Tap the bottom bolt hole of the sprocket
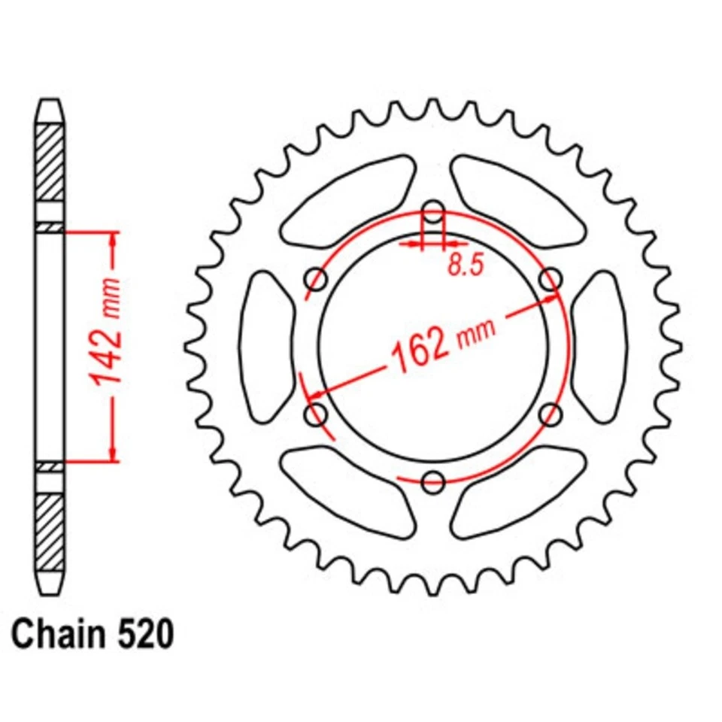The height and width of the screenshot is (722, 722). (x=433, y=481)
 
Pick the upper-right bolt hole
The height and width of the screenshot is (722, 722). (x=551, y=279)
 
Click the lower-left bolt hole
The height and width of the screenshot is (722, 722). (x=317, y=414)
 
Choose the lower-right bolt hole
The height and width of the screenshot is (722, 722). (x=551, y=414)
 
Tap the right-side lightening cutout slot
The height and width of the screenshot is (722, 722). (x=599, y=347)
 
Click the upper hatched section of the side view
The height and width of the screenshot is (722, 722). (x=50, y=162)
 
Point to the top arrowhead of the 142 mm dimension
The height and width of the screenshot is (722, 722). (x=114, y=239)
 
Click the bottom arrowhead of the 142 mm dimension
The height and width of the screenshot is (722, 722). (x=114, y=453)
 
